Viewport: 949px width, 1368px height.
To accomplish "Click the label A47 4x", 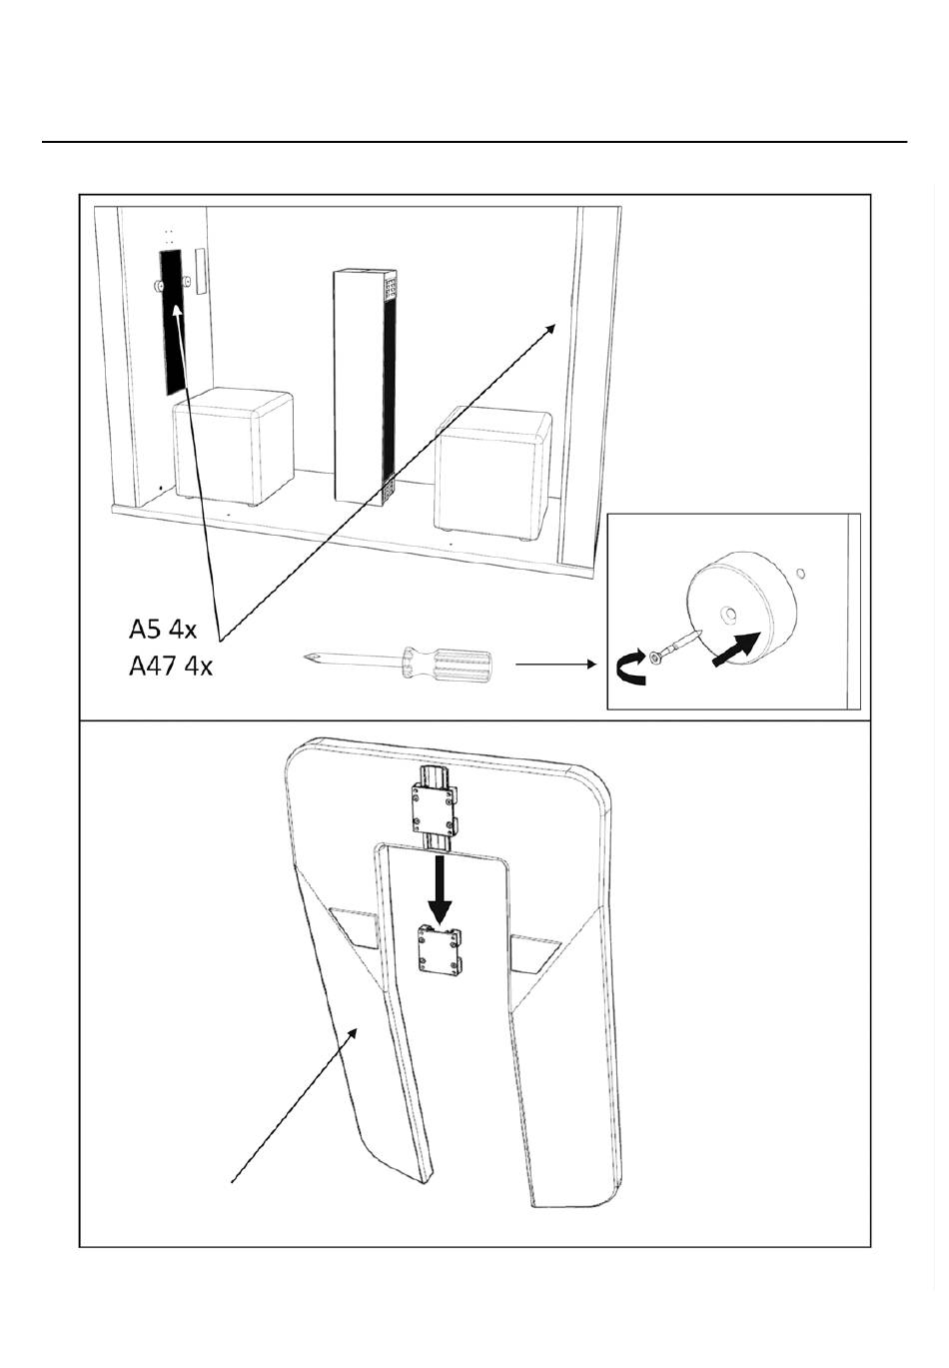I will [x=171, y=665].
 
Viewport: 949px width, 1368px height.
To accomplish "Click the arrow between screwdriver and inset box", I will [x=555, y=662].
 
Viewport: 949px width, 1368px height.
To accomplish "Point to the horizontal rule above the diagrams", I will [x=474, y=143].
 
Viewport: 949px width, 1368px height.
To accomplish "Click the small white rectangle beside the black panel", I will [x=201, y=271].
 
